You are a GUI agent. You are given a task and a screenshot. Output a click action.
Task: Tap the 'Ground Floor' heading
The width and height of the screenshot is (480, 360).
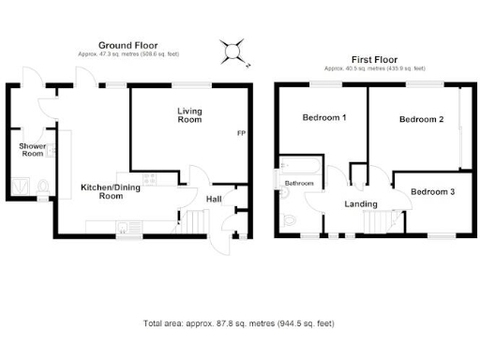click(127, 44)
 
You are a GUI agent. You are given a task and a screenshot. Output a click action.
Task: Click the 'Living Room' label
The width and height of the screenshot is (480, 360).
click(190, 115)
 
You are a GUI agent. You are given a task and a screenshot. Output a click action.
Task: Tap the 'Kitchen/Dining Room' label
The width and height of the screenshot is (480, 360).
click(101, 191)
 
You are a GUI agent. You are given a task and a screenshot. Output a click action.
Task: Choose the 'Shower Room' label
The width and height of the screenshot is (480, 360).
click(33, 150)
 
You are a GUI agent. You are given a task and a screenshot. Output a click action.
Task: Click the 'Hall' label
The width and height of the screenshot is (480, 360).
click(214, 198)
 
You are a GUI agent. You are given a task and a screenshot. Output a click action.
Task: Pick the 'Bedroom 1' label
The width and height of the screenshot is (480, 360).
click(324, 118)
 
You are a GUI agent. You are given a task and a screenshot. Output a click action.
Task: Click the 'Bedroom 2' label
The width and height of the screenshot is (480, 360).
click(422, 120)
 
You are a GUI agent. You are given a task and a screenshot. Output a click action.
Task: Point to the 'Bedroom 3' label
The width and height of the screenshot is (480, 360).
click(433, 192)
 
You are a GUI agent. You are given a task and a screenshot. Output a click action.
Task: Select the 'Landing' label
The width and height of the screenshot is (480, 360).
click(361, 204)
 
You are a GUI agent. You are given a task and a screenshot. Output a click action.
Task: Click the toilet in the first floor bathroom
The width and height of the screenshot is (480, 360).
click(289, 221)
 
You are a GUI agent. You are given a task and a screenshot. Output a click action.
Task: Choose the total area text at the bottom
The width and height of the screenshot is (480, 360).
click(239, 323)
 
